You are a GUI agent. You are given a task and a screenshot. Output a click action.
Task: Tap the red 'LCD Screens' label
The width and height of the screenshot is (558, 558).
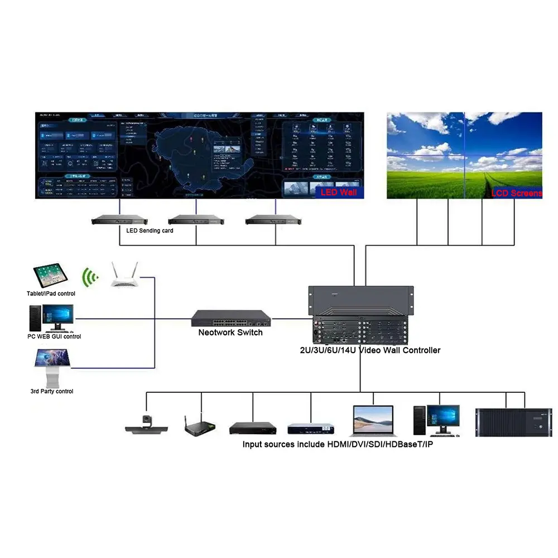(516, 193)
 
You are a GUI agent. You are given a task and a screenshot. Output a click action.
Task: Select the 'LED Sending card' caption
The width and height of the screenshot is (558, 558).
(150, 230)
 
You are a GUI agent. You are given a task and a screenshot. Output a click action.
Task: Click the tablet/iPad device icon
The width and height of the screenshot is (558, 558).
(51, 276)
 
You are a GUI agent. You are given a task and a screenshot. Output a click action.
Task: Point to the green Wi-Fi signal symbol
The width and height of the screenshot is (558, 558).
(89, 276)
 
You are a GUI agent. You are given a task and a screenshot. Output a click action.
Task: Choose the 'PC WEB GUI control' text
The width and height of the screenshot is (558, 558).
(54, 336)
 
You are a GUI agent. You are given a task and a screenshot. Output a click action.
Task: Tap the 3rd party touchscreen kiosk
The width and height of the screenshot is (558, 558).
(51, 368)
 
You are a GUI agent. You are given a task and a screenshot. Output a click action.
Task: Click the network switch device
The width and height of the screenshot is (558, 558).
(231, 318)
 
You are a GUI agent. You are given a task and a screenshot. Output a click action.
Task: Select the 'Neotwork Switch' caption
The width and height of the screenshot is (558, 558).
(230, 333)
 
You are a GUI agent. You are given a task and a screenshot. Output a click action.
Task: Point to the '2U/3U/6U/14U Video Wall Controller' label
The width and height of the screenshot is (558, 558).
(367, 350)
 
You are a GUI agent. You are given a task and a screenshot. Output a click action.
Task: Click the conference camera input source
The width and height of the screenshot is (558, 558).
(147, 425)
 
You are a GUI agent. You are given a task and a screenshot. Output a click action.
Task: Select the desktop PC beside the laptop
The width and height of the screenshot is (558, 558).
(436, 420)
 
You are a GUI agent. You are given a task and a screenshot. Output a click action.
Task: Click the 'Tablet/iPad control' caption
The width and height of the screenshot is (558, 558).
(51, 294)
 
